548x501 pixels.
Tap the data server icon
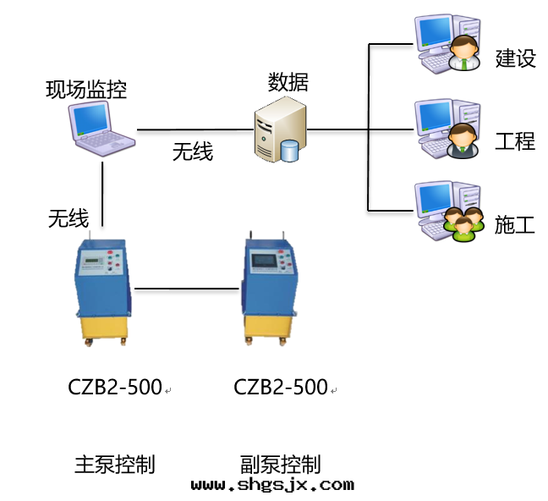[280, 129]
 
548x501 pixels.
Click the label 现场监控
[86, 89]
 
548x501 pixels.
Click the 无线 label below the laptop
[68, 219]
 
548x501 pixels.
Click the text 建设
[515, 58]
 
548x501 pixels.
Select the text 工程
[515, 140]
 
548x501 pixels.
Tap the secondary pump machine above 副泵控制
[270, 289]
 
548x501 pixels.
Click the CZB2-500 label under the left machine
[115, 388]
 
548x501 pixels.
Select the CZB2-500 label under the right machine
[281, 388]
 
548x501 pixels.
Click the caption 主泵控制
[115, 464]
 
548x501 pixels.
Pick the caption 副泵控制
[281, 464]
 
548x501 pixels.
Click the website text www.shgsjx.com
[272, 485]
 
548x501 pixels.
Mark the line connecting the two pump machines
[187, 289]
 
